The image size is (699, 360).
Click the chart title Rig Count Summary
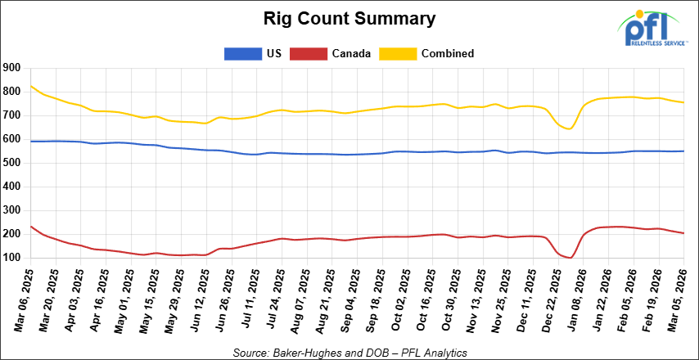(349, 17)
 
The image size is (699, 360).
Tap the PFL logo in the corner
(651, 29)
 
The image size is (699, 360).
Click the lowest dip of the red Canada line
(570, 258)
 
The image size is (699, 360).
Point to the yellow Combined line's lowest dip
(569, 128)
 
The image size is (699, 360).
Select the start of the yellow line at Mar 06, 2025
(31, 86)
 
